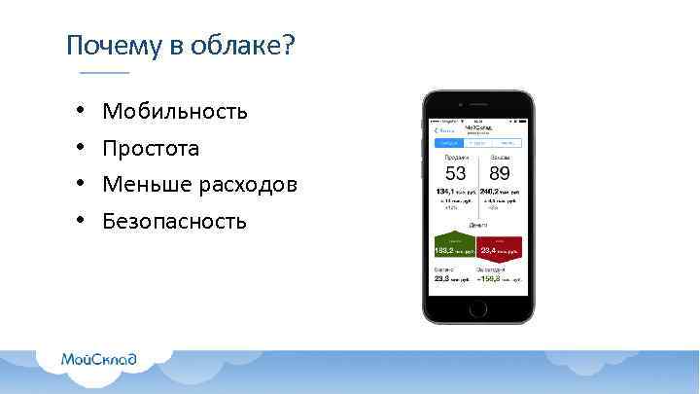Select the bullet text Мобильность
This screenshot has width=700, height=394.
[175, 112]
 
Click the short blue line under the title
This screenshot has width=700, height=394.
[104, 74]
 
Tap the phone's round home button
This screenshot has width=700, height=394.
[477, 308]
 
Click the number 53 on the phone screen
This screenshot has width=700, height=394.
[455, 176]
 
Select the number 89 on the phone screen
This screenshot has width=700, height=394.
[500, 176]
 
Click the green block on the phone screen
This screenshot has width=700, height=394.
[454, 247]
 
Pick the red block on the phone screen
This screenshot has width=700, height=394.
[500, 247]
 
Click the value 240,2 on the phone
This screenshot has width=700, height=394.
[492, 192]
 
